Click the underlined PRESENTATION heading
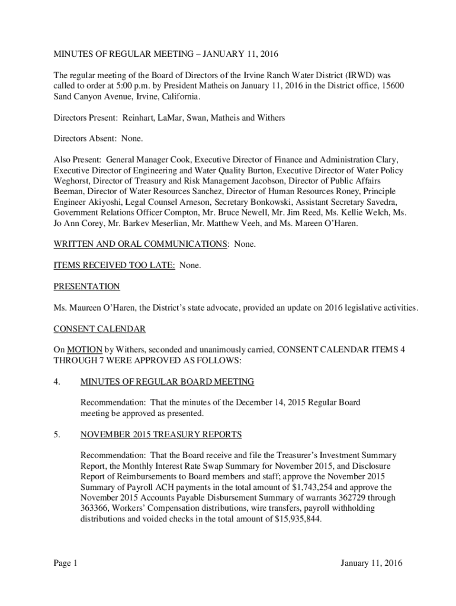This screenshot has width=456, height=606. pos(86,287)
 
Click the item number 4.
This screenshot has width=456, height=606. pos(57,382)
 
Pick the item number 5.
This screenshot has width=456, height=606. pos(57,435)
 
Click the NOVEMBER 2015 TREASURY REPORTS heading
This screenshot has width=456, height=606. pos(160,435)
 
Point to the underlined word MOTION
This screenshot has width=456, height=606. pos(86,350)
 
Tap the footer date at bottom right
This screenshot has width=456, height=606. pos(371,563)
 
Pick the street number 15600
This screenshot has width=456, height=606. pos(390,86)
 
